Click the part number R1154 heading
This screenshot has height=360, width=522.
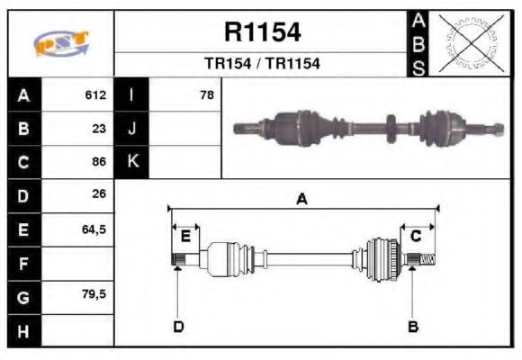pos(262,33)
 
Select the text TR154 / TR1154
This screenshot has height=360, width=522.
pos(262,65)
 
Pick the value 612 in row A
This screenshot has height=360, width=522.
pos(95,94)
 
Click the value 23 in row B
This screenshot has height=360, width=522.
pos(99,128)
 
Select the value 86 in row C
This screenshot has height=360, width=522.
pos(99,162)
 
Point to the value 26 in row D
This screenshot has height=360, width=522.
pos(99,193)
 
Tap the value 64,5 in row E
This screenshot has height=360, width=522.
pos(94,229)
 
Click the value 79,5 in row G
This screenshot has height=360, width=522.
pos(94,294)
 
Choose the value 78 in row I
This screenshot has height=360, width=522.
pos(206,94)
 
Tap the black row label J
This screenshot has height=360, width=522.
pos(131,128)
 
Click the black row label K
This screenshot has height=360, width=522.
pos(131,162)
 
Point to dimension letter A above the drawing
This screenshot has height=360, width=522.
pos(302,199)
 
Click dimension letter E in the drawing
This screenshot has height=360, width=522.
pos(185,237)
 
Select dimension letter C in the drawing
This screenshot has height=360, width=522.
pos(416,237)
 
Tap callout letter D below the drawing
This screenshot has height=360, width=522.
pos(178,326)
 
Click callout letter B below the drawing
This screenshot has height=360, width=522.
pos(412,326)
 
